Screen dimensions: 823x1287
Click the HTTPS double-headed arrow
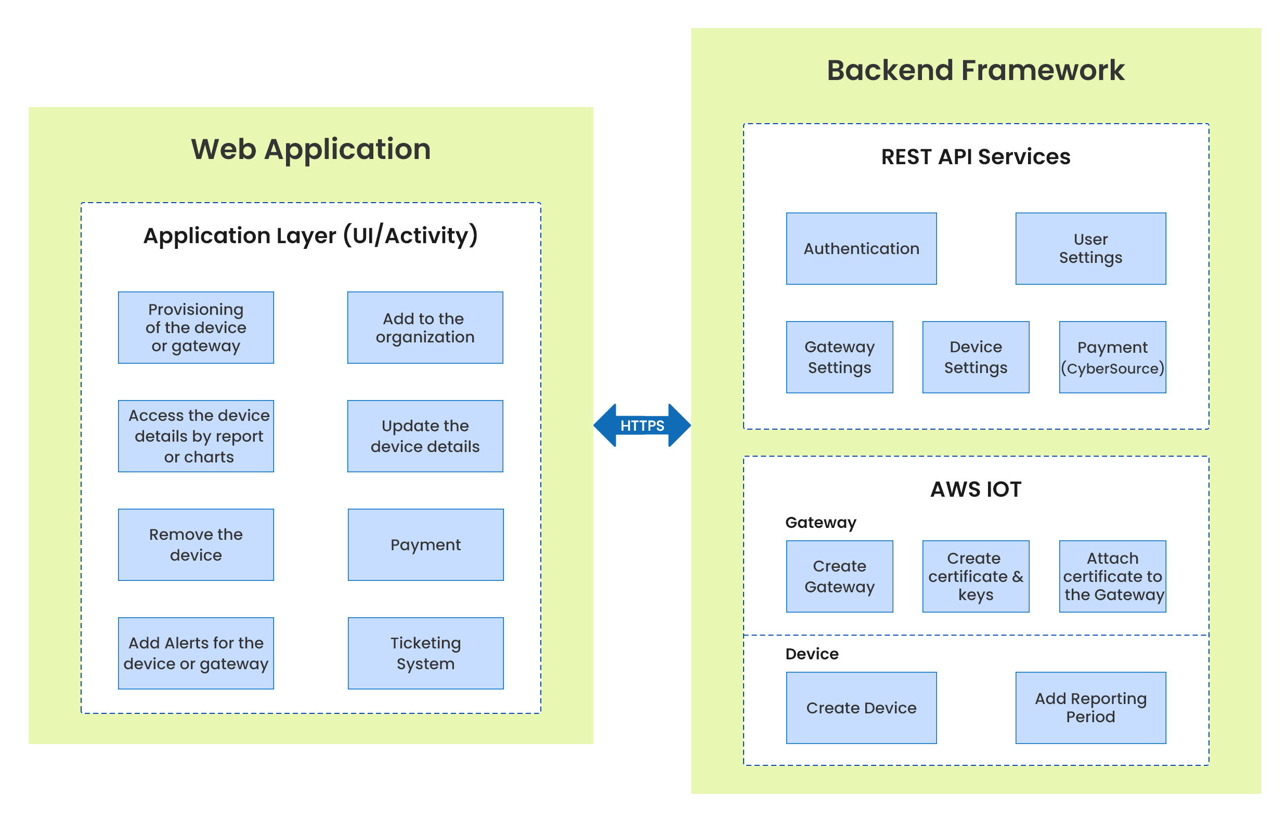point(642,426)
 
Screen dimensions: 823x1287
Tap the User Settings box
point(1090,248)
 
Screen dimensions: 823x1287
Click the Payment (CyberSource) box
point(1112,357)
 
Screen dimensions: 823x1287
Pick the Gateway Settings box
point(839,357)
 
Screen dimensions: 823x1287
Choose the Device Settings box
point(976,357)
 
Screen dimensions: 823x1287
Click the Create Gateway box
point(839,576)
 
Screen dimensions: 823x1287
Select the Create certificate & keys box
point(976,576)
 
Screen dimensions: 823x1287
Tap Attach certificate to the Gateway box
point(1112,576)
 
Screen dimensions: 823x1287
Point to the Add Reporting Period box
point(1090,708)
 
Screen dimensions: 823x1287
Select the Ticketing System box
point(425,653)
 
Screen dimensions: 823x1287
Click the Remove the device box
point(196,545)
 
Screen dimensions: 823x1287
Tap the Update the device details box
point(425,436)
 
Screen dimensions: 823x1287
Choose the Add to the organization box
point(425,328)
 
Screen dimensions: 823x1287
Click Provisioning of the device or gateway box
point(196,328)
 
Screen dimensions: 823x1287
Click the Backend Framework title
point(976,70)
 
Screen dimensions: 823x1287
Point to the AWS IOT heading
point(976,489)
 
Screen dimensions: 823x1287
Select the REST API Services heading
point(976,156)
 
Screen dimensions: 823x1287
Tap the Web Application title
point(310,149)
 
